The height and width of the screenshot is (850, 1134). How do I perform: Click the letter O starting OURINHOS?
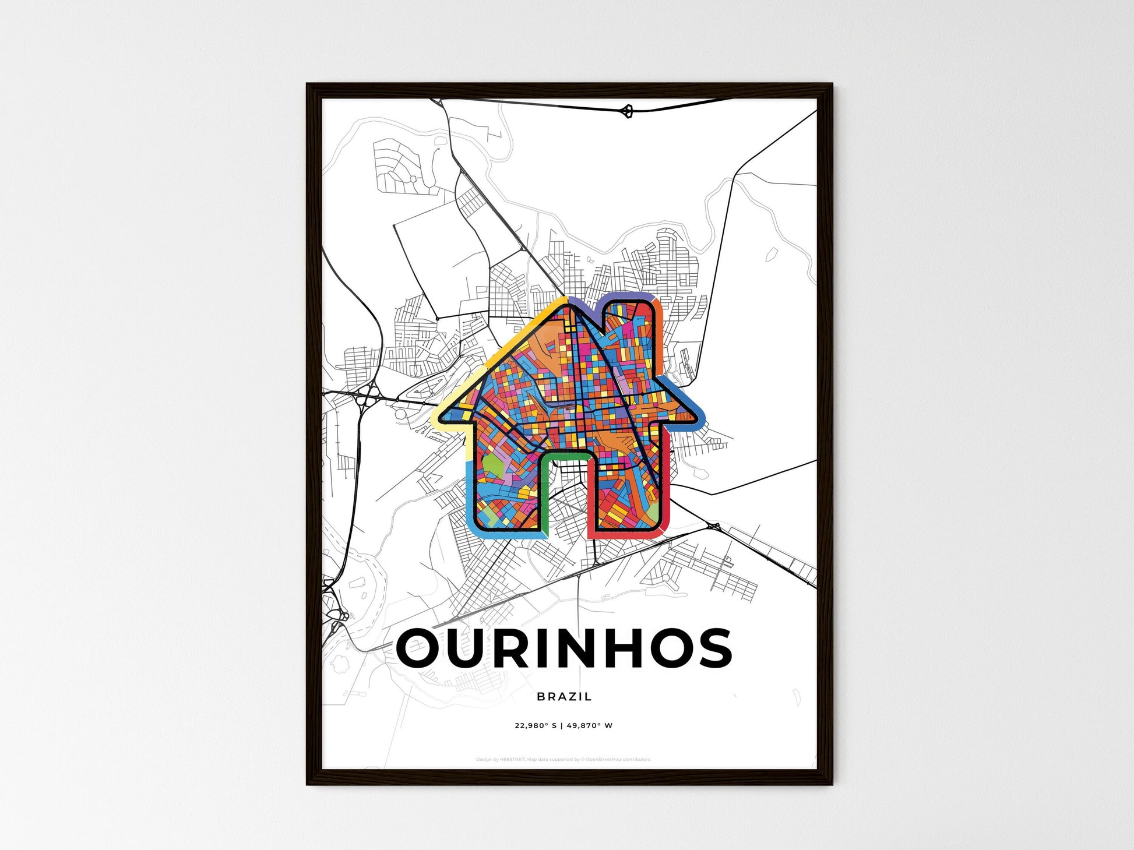tap(421, 648)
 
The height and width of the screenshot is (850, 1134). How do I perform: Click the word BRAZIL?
tap(564, 696)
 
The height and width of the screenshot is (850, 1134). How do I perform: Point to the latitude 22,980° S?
tap(536, 726)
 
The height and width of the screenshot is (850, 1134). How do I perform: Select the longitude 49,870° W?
tap(589, 726)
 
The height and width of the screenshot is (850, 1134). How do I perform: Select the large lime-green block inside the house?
tap(492, 468)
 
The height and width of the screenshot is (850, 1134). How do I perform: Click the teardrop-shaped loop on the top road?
tap(627, 111)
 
